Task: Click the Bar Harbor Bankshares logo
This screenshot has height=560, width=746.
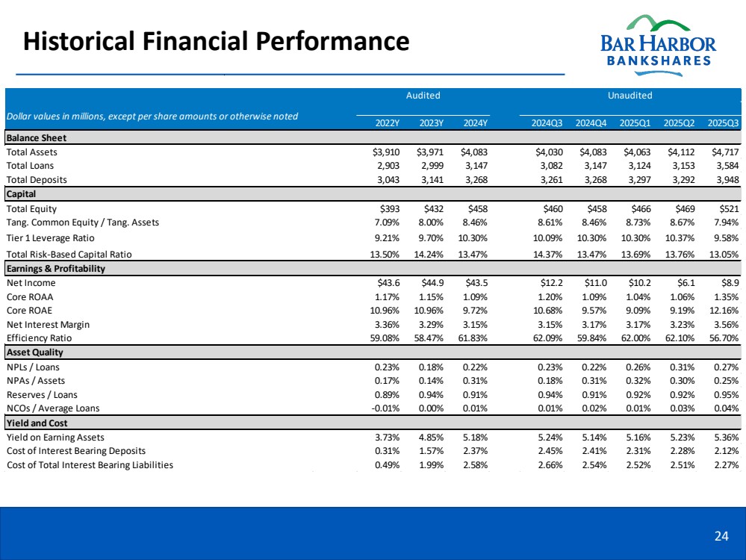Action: (657, 42)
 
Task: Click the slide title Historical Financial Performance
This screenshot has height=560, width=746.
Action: (217, 40)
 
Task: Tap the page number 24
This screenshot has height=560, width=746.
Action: (721, 535)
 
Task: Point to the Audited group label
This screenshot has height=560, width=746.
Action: (423, 96)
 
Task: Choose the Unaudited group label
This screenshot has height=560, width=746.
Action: (630, 96)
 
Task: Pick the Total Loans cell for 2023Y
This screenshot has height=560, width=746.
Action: (431, 166)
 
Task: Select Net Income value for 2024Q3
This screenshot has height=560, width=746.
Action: (551, 283)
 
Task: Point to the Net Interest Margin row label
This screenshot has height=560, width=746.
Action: (48, 324)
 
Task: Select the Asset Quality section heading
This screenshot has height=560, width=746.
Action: (35, 352)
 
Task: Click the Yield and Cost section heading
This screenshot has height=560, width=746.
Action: (37, 423)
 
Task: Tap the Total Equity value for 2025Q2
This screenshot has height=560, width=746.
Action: (683, 209)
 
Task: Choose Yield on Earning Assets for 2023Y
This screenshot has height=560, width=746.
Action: (430, 437)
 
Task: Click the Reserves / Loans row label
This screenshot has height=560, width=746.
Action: (42, 394)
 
